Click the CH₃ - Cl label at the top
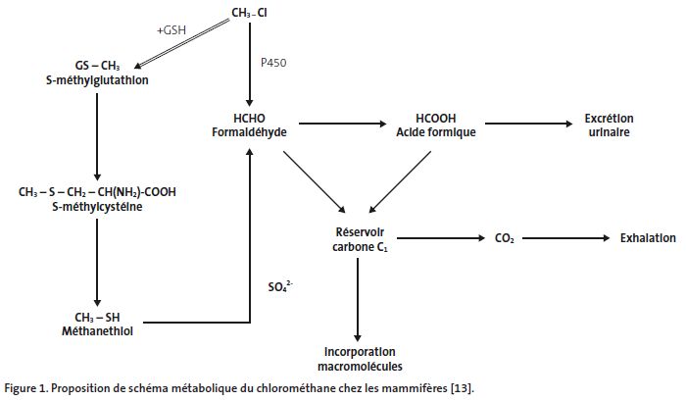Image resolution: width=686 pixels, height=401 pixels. click(252, 13)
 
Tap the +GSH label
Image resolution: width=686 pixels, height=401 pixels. click(172, 30)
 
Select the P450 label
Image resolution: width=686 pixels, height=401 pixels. click(274, 62)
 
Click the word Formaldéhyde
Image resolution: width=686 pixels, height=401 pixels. click(249, 131)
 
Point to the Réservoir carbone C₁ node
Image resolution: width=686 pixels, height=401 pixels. click(359, 238)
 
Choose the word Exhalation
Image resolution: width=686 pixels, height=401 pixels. click(647, 238)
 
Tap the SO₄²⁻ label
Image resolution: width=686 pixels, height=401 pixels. click(281, 286)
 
